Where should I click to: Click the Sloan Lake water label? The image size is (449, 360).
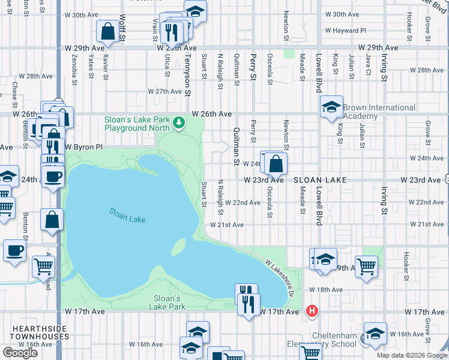point(127,215)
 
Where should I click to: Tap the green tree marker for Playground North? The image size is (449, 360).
point(178,123)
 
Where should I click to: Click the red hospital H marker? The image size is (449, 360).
point(312,311)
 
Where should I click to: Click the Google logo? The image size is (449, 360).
point(20,353)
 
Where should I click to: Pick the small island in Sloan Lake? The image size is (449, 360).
point(178,247)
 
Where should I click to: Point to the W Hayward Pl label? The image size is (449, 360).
point(345,31)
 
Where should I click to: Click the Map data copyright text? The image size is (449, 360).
point(412,355)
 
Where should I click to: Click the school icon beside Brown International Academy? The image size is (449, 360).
point(331,107)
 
